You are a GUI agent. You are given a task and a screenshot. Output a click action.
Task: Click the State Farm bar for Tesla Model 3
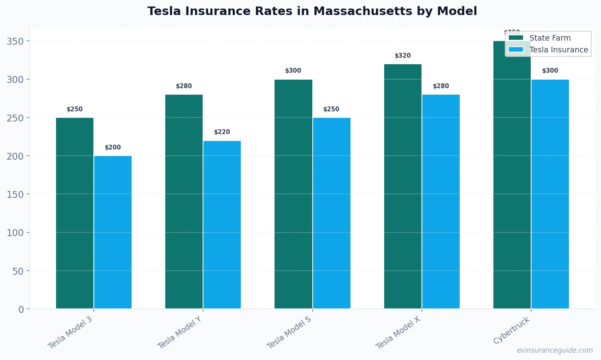point(75,213)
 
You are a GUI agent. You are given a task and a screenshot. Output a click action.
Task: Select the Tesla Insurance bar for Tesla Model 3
point(113,232)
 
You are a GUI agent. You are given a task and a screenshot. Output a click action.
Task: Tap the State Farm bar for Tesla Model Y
point(184,202)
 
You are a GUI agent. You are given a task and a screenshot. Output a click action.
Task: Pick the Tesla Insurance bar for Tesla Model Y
point(222,225)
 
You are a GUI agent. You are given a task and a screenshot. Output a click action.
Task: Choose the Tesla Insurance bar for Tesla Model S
point(331,213)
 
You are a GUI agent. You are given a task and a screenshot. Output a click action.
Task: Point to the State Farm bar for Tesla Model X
point(403,187)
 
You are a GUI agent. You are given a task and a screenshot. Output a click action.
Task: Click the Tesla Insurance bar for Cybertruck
point(550,194)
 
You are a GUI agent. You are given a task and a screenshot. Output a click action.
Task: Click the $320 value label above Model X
point(403,56)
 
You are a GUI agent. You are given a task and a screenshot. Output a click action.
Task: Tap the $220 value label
point(222,132)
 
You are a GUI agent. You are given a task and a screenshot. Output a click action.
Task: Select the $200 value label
point(113,147)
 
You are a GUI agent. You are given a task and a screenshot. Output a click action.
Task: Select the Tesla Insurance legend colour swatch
point(516,50)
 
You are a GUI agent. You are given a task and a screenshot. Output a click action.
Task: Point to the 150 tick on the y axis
point(15,195)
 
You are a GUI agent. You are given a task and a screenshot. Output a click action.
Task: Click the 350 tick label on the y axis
point(15,41)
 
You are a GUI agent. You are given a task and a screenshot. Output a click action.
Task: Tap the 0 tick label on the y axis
point(21,310)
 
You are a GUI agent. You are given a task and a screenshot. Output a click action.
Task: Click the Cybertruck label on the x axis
point(512,330)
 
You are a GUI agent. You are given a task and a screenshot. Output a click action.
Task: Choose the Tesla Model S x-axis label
point(289,332)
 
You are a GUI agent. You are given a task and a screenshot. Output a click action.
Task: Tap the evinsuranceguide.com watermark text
point(555,350)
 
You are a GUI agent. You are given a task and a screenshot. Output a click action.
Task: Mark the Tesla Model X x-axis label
point(398,332)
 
